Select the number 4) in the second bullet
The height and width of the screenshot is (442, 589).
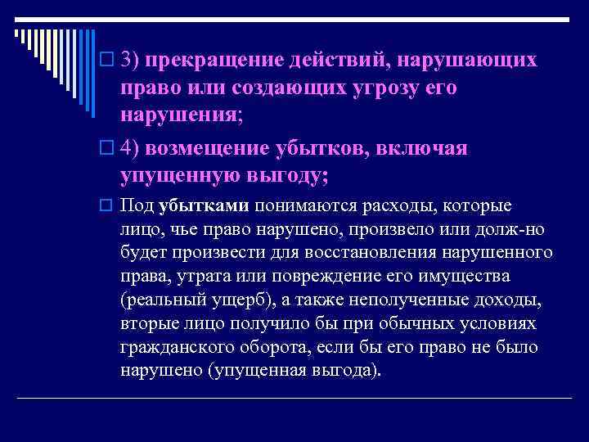[x=131, y=147]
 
